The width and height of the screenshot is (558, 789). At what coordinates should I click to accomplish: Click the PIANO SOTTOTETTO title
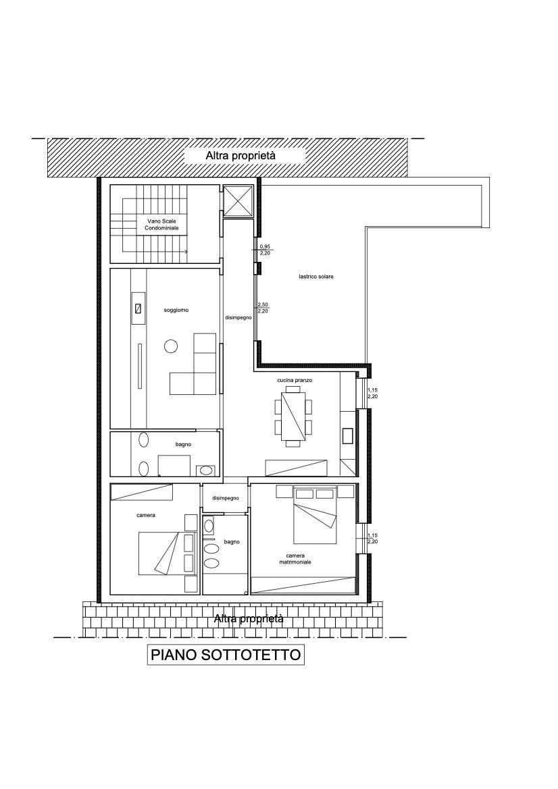[226, 655]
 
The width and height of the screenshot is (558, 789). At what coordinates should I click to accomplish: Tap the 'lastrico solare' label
[315, 277]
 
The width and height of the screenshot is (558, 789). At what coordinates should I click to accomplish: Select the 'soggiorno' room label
[176, 310]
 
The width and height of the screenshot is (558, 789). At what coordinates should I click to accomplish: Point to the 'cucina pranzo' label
[295, 381]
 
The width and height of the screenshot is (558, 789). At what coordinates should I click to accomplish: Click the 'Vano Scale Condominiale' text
[161, 225]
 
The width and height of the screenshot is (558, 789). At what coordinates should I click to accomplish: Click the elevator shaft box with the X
[238, 201]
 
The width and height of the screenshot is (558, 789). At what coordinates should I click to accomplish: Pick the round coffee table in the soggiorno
[171, 346]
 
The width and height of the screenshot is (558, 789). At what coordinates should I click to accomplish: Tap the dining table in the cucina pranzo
[293, 416]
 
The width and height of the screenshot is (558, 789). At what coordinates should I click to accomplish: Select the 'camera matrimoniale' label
[295, 559]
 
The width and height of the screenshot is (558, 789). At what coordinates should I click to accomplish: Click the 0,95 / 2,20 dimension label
[265, 250]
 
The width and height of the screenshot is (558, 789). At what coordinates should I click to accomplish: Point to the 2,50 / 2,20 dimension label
[262, 308]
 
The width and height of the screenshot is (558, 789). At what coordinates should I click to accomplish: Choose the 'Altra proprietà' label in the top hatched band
[240, 156]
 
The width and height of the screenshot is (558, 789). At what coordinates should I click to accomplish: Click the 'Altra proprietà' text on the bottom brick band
[249, 618]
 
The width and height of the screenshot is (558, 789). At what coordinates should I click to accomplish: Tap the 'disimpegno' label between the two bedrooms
[225, 498]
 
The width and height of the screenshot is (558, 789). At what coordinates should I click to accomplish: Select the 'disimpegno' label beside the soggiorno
[238, 317]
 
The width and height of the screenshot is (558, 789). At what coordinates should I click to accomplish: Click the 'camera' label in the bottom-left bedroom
[146, 515]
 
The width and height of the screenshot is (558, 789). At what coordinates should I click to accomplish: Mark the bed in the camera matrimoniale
[315, 514]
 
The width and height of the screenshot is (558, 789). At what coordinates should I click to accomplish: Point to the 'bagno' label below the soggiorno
[183, 444]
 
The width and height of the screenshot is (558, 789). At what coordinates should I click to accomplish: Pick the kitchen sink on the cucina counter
[347, 435]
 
